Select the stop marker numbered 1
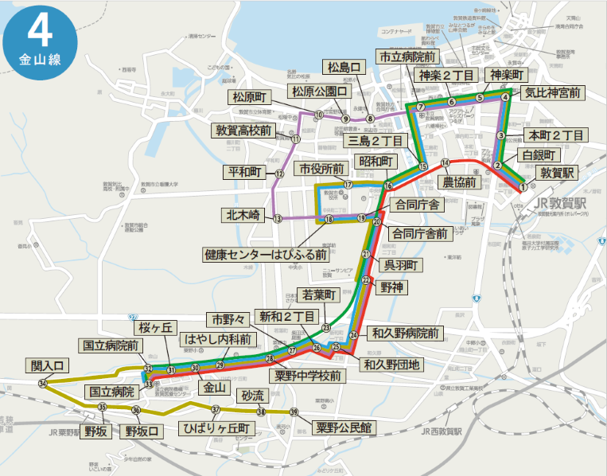click(x=523, y=187)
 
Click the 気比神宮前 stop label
click(x=554, y=93)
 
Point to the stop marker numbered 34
click(x=42, y=383)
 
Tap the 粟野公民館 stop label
click(x=343, y=427)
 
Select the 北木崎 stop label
click(x=244, y=213)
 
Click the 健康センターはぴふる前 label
click(x=266, y=256)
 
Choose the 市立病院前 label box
click(x=406, y=57)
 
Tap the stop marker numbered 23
click(x=326, y=327)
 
